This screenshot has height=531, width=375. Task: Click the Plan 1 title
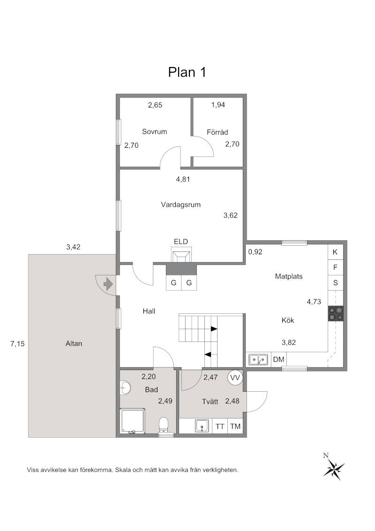pyautogui.click(x=187, y=72)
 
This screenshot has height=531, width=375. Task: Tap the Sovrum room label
pyautogui.click(x=154, y=132)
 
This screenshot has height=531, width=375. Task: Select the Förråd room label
pyautogui.click(x=217, y=132)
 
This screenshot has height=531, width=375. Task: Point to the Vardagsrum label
pyautogui.click(x=181, y=205)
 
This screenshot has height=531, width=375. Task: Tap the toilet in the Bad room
pyautogui.click(x=164, y=425)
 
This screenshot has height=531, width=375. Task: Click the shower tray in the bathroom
pyautogui.click(x=133, y=420)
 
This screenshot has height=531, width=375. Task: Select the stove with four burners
pyautogui.click(x=336, y=313)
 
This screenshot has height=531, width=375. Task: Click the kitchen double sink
pyautogui.click(x=258, y=359)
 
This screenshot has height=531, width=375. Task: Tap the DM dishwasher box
pyautogui.click(x=278, y=359)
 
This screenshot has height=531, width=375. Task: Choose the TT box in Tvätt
pyautogui.click(x=220, y=426)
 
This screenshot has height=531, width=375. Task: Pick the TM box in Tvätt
pyautogui.click(x=235, y=426)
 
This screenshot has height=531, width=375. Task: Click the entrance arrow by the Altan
pyautogui.click(x=108, y=284)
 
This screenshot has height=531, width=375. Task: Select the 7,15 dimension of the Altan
pyautogui.click(x=17, y=344)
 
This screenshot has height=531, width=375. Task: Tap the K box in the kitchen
pyautogui.click(x=336, y=252)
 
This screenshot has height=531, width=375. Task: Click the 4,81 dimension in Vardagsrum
pyautogui.click(x=183, y=179)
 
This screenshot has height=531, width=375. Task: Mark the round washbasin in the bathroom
pyautogui.click(x=125, y=388)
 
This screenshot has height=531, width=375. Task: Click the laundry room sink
pyautogui.click(x=202, y=426)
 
